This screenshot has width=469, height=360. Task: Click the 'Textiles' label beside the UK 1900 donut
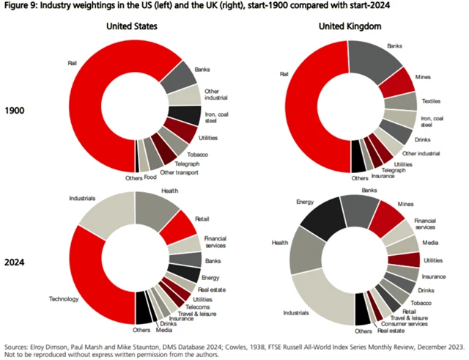click(x=432, y=98)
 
